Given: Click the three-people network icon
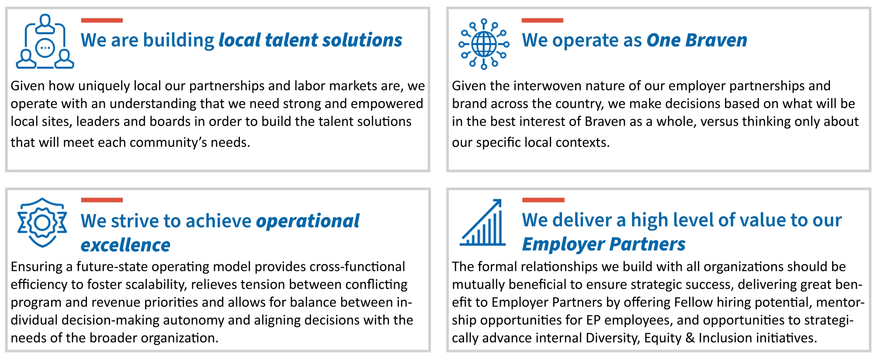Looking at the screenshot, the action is [x=45, y=42].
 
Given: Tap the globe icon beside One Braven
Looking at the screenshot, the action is [x=484, y=44].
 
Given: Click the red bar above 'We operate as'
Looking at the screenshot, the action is [x=542, y=20].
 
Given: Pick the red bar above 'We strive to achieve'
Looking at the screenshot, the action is [x=102, y=200].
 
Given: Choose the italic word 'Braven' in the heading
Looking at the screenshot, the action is [x=716, y=40].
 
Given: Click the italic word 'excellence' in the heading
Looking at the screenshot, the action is [x=125, y=245].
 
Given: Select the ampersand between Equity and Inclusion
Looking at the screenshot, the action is [x=690, y=339].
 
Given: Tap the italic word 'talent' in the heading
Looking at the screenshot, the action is [x=291, y=40].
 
